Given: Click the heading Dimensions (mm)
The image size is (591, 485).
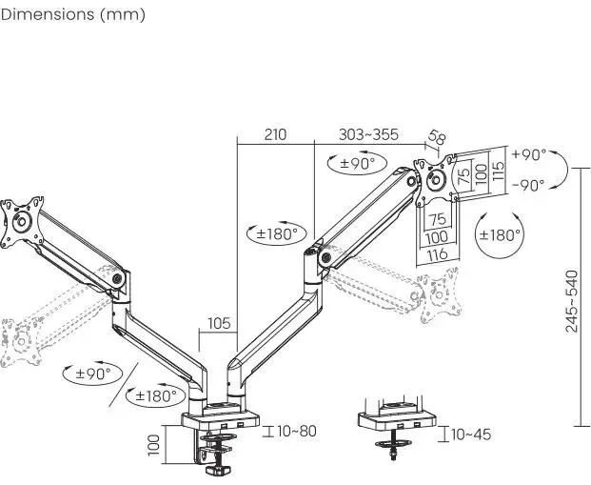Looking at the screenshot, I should click(x=73, y=15).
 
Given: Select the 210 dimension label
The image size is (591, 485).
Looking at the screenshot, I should click(x=275, y=134).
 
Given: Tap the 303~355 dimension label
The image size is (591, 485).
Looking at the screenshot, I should click(x=368, y=134).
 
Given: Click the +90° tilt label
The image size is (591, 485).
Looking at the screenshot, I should click(x=528, y=154).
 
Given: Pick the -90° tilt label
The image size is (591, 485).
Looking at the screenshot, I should click(x=528, y=185).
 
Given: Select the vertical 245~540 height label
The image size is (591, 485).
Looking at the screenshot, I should click(x=571, y=301).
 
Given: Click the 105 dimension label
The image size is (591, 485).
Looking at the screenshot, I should click(x=220, y=323).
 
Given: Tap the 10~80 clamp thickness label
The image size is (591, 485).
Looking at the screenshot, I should click(x=297, y=431).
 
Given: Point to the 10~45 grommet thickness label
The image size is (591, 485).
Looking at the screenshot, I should click(x=471, y=434).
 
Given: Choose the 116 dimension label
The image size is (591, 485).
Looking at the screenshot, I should click(x=437, y=254).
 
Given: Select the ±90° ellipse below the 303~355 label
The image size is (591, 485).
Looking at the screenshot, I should click(x=359, y=163).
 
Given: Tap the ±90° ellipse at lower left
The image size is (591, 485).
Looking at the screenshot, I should click(x=93, y=372).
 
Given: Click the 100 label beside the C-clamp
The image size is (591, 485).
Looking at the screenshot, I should click(x=152, y=443).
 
